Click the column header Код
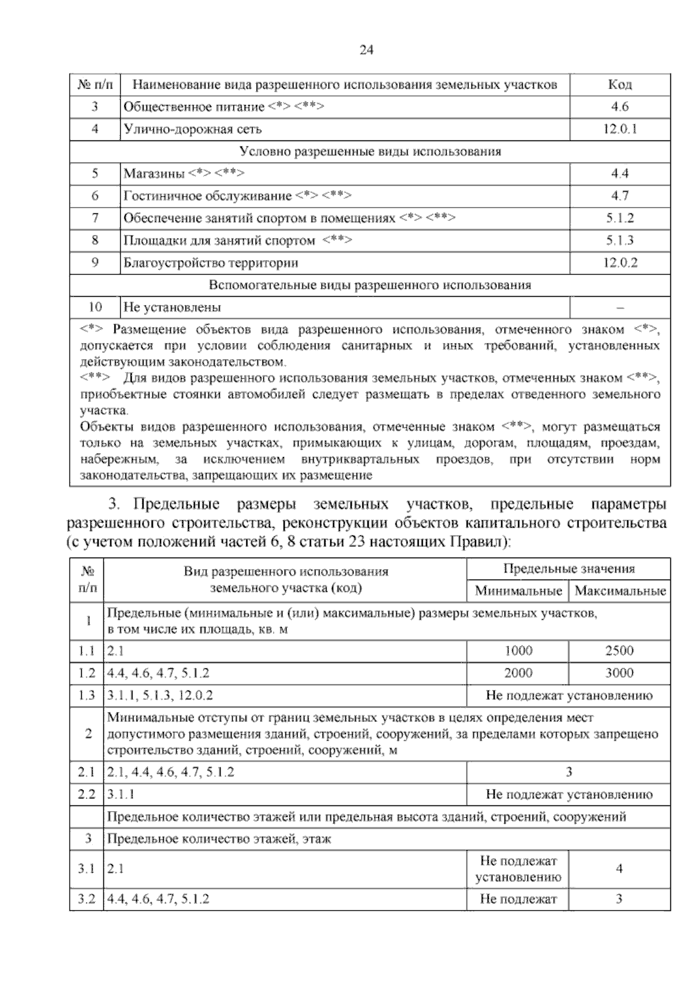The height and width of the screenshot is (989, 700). point(619,85)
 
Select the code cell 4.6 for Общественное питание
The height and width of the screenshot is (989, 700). point(619,107)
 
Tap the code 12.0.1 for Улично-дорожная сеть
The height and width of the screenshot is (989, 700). point(619,129)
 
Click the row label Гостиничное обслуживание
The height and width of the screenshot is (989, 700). point(207,196)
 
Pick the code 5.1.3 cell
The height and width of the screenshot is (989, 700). point(619,240)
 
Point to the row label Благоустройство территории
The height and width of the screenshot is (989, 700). point(211,262)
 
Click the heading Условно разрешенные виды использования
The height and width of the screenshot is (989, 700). point(370,152)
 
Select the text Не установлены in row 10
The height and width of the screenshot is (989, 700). point(172,307)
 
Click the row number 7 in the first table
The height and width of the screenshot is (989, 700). point(95,218)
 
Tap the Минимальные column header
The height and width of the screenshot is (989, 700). point(518,591)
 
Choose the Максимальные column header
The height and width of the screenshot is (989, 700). point(619,591)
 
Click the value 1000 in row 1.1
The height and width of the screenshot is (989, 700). point(518,651)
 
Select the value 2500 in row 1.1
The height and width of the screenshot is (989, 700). point(619,651)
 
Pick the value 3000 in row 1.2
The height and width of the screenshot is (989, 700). point(619,673)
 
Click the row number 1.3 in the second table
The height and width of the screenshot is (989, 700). point(86,695)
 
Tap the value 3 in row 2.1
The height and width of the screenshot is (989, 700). point(569,772)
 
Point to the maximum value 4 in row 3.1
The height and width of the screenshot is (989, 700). point(619,869)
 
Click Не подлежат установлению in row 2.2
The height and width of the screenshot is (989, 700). point(569,794)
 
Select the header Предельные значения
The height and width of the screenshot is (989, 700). point(569,569)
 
